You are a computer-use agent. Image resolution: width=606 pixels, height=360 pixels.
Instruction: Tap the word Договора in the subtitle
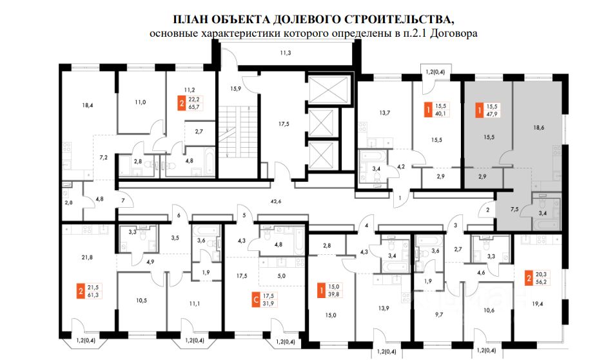click(x=456, y=33)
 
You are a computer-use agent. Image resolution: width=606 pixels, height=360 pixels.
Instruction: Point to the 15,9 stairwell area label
click(x=235, y=88)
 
